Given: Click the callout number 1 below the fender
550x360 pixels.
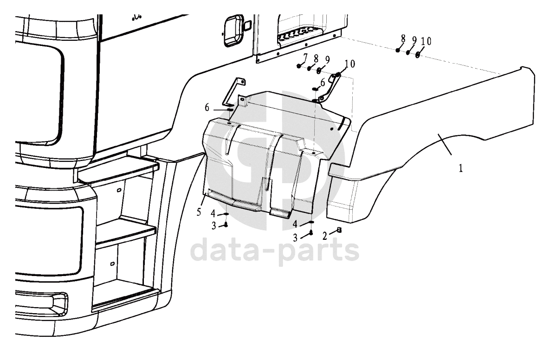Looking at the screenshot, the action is tap(460, 168).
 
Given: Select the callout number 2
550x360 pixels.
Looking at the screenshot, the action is tap(324, 237).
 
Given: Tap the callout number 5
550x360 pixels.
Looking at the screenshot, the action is tap(199, 212).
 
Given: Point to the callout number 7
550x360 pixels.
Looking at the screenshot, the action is tap(305, 57).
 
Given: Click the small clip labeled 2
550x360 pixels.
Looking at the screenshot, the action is tap(339, 230).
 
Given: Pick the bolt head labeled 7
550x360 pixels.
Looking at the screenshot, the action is tap(298, 65).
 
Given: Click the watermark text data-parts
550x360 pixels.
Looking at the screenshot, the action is tap(275, 250).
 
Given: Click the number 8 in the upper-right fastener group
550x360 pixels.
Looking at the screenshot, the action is tap(403, 39).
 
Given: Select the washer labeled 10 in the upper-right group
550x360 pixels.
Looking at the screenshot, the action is tap(417, 55).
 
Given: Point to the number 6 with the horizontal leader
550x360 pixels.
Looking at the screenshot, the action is tap(207, 108).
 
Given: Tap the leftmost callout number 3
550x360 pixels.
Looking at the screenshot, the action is tap(214, 226).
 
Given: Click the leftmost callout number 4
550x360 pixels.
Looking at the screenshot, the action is tap(213, 213).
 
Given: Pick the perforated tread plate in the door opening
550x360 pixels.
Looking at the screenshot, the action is tap(298, 34).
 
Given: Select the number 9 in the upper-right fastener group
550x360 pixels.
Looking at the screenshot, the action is tap(414, 41).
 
